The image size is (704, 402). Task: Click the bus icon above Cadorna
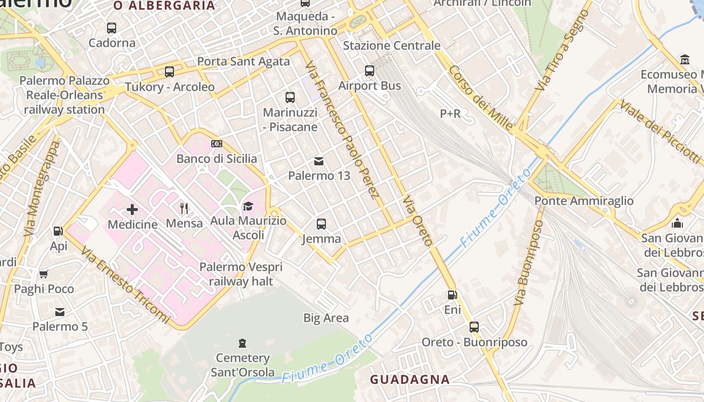point(112,28)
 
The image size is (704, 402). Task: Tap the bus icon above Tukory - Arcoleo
point(169,72)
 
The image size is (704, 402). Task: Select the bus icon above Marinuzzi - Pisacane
point(290,97)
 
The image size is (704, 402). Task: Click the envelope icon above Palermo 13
point(319,161)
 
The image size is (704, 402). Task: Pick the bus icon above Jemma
point(321,224)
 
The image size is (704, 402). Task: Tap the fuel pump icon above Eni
point(452,295)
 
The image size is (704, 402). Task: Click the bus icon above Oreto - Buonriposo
point(474,327)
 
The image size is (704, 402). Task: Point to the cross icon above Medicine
point(132,209)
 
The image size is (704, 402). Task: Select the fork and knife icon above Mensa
point(184,208)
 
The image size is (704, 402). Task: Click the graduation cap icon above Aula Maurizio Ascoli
point(248,206)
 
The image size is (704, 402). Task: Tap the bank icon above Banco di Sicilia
point(217,144)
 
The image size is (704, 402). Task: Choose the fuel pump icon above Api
point(58,231)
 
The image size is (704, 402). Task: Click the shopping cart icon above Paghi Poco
point(44,274)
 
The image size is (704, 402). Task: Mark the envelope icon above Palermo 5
point(60,312)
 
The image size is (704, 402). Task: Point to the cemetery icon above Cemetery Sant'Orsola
point(242,343)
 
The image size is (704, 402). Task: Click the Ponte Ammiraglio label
point(584,201)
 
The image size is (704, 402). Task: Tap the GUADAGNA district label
point(410,379)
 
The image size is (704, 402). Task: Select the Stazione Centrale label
point(391,46)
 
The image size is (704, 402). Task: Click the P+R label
point(450,114)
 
